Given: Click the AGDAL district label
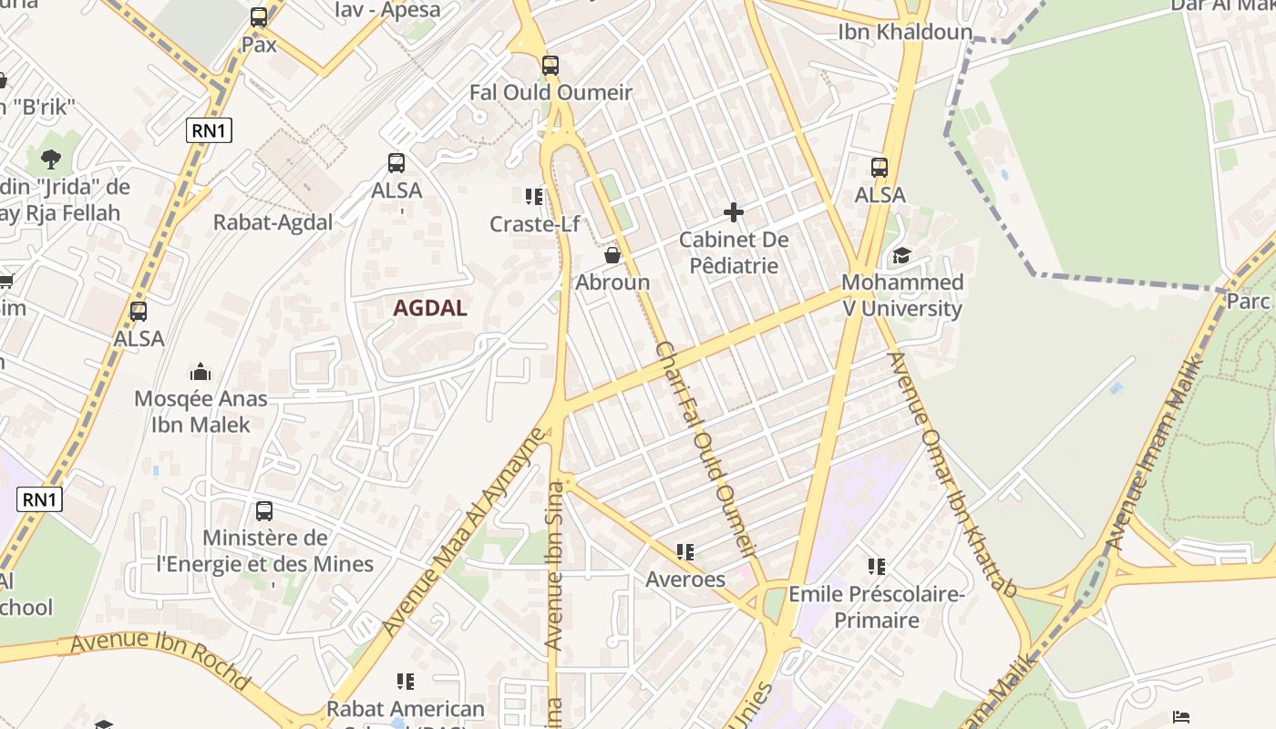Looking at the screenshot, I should pos(430,308).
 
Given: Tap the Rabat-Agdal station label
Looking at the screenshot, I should pos(273,222).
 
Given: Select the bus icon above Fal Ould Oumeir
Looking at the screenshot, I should pos(550,66).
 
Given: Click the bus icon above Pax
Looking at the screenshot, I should pos(259,17).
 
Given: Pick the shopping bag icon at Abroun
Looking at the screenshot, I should pos(612,254).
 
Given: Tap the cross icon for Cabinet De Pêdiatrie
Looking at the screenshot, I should pos(734,213).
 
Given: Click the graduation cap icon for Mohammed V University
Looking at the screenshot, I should pos(901,255).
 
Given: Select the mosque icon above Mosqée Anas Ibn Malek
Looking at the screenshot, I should pos(201,372).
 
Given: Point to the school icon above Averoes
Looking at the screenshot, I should pos(685,551).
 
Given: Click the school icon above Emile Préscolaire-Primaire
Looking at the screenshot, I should pos(877,567).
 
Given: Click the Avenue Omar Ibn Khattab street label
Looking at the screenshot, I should pos(952,474).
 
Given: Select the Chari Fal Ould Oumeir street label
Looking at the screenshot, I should pos(707,448).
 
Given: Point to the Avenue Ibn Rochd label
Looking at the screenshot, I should pos(159,659).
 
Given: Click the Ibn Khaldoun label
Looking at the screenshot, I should pos(905,32).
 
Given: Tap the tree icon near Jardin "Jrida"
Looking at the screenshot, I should pos(51,159).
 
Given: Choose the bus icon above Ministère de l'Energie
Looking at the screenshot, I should pos(264,510).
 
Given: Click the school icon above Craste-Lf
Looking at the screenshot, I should pos(534,196).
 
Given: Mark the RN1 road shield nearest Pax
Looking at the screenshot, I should pos(209,130).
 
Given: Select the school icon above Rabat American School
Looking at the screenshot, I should pos(406,681).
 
